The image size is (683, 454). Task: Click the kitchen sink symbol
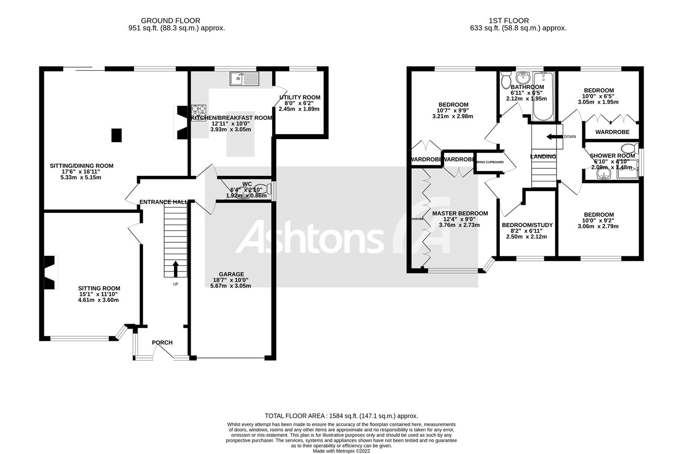[244, 78]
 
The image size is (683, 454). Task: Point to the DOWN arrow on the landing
[554, 137]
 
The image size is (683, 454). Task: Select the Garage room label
[231, 275]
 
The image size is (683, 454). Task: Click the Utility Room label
[300, 98]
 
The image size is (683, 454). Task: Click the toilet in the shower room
[629, 148]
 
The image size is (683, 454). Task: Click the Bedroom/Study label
[527, 225]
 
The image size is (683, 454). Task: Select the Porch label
[162, 342]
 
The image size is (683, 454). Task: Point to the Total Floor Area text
[341, 415]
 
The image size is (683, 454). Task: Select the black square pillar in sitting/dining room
[116, 135]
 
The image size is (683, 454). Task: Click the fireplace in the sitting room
[49, 273]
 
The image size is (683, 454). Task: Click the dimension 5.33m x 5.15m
[81, 177]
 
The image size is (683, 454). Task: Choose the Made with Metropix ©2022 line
[341, 451]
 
